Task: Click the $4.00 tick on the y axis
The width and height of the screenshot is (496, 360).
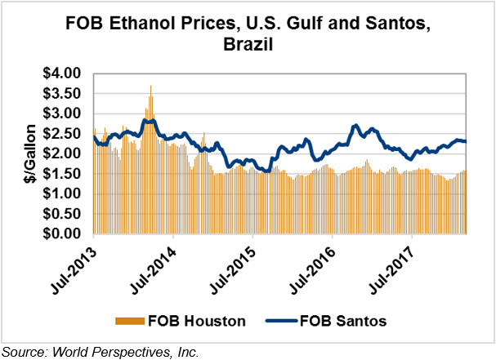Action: (x=63, y=73)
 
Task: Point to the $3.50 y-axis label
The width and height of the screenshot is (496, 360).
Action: (x=63, y=94)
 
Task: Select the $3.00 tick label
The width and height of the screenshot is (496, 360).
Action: (x=63, y=113)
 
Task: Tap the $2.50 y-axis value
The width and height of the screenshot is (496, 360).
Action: (x=63, y=134)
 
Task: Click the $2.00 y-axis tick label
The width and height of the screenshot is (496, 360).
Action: (x=63, y=153)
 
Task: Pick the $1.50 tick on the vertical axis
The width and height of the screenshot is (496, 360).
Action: (x=63, y=174)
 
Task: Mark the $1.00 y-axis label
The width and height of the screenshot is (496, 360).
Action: (x=63, y=193)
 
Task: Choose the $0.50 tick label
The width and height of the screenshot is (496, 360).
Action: (x=63, y=214)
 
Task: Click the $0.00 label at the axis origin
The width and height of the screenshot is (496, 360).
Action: (x=63, y=233)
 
